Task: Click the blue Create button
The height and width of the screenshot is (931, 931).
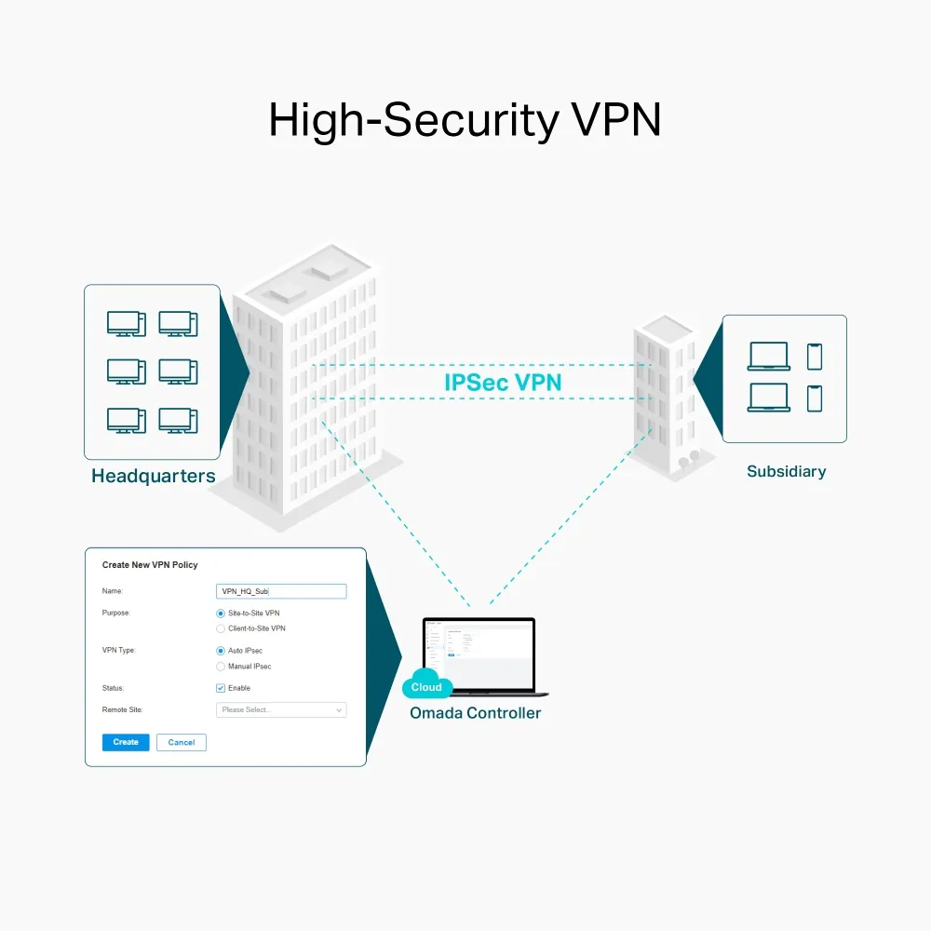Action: [x=126, y=742]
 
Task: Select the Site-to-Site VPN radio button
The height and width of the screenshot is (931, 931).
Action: [x=221, y=614]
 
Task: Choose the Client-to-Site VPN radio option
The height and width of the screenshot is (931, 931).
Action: [x=221, y=628]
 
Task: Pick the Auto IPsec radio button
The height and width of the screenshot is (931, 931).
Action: [x=221, y=651]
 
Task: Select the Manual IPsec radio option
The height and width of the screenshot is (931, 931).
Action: [x=221, y=667]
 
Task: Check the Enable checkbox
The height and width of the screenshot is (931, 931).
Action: [x=221, y=688]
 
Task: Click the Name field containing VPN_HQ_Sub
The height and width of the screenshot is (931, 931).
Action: [x=280, y=591]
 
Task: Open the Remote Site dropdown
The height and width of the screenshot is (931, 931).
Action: [x=280, y=709]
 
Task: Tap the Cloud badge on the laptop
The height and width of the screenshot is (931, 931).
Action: [x=426, y=687]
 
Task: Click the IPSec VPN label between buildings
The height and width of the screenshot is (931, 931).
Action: [x=503, y=382]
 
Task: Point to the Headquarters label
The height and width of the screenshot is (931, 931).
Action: [x=154, y=477]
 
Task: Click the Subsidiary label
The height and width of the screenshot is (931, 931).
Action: [x=786, y=471]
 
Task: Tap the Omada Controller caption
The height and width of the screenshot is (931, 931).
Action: [x=475, y=713]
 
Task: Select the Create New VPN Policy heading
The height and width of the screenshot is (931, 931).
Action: [x=150, y=565]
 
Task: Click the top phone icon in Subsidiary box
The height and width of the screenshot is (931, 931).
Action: [x=815, y=357]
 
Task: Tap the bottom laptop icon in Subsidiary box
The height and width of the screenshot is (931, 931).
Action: [x=769, y=398]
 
